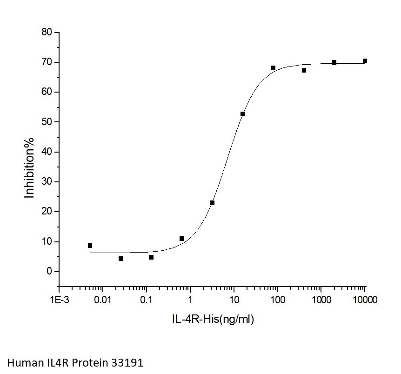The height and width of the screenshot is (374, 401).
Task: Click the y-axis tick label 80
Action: tap(46, 33)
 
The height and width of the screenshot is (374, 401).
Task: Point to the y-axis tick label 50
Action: tap(46, 122)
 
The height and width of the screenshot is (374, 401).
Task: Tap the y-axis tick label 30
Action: tap(46, 182)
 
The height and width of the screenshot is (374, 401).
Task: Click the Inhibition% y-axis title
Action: tap(30, 167)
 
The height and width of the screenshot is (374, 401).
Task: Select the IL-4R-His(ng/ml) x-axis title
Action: tap(212, 319)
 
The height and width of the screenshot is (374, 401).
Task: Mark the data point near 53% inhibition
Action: tap(242, 114)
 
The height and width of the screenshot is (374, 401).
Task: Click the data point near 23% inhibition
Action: tap(212, 203)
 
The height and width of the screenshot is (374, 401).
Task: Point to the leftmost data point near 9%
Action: tap(90, 245)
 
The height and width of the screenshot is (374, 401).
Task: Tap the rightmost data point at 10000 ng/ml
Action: tap(365, 61)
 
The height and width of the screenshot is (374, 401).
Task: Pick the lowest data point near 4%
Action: tap(120, 259)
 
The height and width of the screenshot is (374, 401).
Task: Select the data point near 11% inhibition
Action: tap(181, 239)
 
